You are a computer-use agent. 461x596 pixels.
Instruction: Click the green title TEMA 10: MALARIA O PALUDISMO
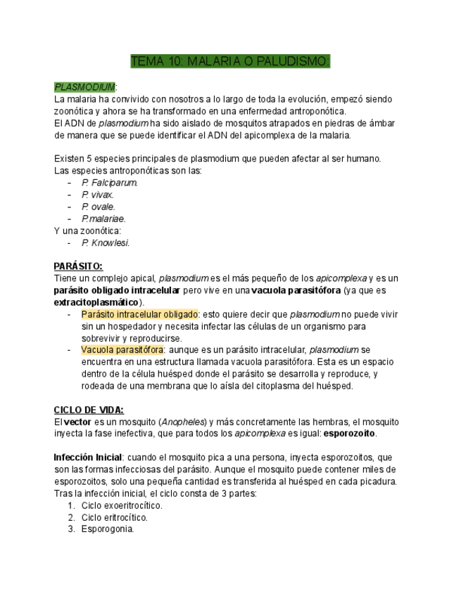tap(230, 62)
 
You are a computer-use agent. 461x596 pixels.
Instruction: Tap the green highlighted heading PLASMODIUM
tap(84, 87)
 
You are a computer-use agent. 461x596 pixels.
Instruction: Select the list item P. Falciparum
tap(109, 183)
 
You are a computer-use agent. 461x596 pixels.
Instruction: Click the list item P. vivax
tap(98, 195)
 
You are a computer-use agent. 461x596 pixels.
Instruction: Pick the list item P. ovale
tap(98, 207)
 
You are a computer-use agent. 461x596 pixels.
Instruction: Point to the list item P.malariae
tap(103, 219)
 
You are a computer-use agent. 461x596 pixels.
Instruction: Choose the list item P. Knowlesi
tap(106, 242)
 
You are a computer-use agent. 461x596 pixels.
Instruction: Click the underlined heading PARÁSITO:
tap(78, 266)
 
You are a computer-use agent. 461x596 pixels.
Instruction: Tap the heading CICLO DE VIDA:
tap(89, 410)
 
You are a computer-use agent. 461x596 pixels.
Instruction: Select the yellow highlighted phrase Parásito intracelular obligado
tap(140, 314)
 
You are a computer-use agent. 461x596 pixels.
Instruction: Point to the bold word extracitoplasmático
tap(96, 302)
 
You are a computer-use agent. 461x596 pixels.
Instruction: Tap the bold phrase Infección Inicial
tap(88, 458)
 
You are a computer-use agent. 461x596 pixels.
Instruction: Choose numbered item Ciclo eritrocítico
tap(114, 517)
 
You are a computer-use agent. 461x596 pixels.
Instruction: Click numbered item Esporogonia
tap(107, 529)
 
